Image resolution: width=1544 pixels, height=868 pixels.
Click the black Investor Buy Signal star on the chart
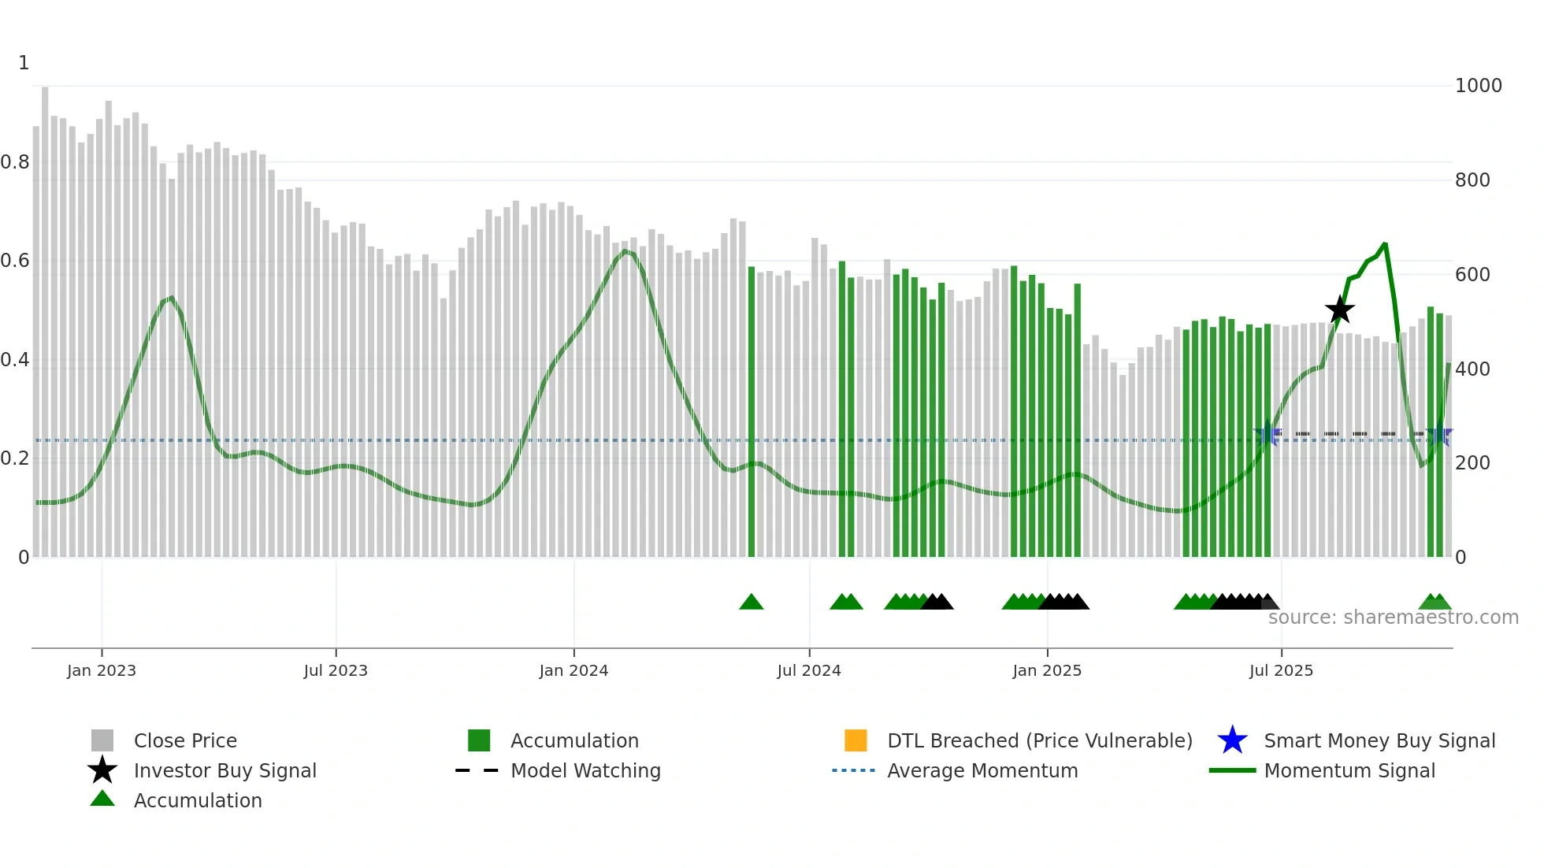click(1339, 310)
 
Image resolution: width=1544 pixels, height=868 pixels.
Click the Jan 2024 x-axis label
click(573, 670)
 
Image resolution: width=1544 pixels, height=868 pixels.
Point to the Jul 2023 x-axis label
click(336, 670)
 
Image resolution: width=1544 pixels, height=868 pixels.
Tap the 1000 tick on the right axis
click(1478, 86)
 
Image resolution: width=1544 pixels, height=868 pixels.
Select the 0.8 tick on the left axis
click(15, 162)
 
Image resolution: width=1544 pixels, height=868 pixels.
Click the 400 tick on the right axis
click(1472, 369)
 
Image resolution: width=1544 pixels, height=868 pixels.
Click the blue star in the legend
click(1232, 740)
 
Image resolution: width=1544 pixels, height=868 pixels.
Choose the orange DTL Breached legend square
click(856, 740)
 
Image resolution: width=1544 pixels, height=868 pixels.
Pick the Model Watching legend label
click(585, 770)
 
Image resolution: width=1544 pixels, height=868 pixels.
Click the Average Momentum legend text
click(982, 770)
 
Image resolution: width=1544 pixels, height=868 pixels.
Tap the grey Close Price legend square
click(102, 740)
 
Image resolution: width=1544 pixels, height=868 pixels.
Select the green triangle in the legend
click(102, 799)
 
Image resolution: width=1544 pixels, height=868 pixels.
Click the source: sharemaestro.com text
click(1393, 618)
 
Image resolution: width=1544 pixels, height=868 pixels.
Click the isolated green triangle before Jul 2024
click(752, 603)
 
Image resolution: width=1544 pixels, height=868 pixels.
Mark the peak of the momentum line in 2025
click(1385, 244)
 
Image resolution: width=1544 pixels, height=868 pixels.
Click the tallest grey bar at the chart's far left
click(45, 315)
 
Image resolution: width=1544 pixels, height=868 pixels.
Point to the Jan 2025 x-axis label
click(1047, 670)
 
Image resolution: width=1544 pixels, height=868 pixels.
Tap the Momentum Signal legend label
click(1349, 770)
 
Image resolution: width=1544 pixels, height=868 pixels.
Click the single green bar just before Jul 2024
click(752, 410)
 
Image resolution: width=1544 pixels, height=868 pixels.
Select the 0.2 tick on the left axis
click(15, 458)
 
